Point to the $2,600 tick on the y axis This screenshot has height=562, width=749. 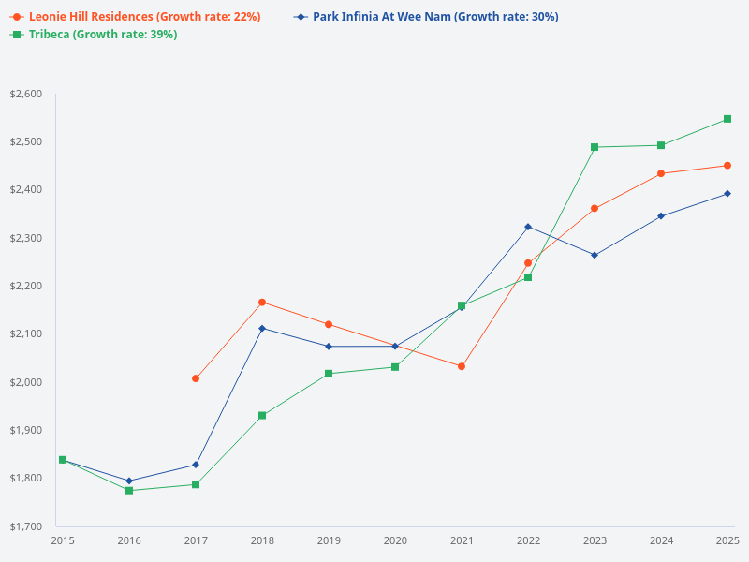coord(26,94)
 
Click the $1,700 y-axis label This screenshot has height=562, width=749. coord(26,526)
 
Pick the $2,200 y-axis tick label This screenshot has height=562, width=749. coord(26,286)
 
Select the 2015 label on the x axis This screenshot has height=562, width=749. coord(63,540)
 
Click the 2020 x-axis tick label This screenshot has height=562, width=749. coord(395,540)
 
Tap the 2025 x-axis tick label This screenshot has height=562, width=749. coord(727,540)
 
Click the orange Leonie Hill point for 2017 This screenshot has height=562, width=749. coord(196,378)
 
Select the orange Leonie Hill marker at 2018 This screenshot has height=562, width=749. coord(262,303)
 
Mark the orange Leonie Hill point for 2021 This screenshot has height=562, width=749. coord(462,366)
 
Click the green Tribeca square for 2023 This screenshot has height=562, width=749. coord(595,147)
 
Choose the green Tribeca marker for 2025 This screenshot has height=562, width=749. coord(727,119)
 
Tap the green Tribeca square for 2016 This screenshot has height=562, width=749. coord(129,491)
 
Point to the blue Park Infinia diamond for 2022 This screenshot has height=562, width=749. coord(528,227)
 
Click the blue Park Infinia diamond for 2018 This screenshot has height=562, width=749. coord(262,328)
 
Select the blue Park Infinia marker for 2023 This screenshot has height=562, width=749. coord(595,255)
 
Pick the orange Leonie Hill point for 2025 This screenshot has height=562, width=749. coord(727,166)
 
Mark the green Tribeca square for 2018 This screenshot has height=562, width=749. coord(262,415)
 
